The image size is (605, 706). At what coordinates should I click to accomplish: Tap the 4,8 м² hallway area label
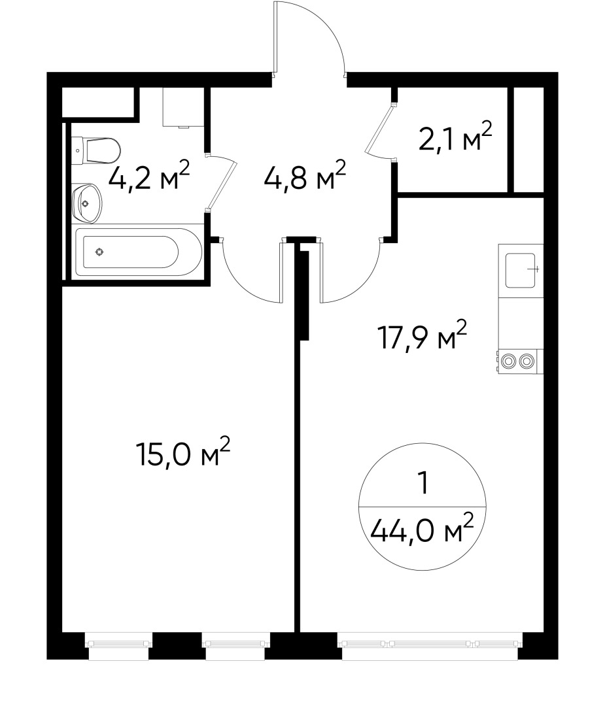pos(305,178)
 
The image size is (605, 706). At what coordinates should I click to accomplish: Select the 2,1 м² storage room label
pos(455,140)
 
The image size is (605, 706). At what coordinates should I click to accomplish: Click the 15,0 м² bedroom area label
pos(183,453)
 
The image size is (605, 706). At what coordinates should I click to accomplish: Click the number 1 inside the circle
pos(423,484)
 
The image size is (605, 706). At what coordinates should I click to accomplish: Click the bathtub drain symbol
pos(99,252)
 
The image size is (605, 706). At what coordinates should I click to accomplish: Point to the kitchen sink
pos(521,270)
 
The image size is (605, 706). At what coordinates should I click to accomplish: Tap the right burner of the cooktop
pos(527,360)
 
